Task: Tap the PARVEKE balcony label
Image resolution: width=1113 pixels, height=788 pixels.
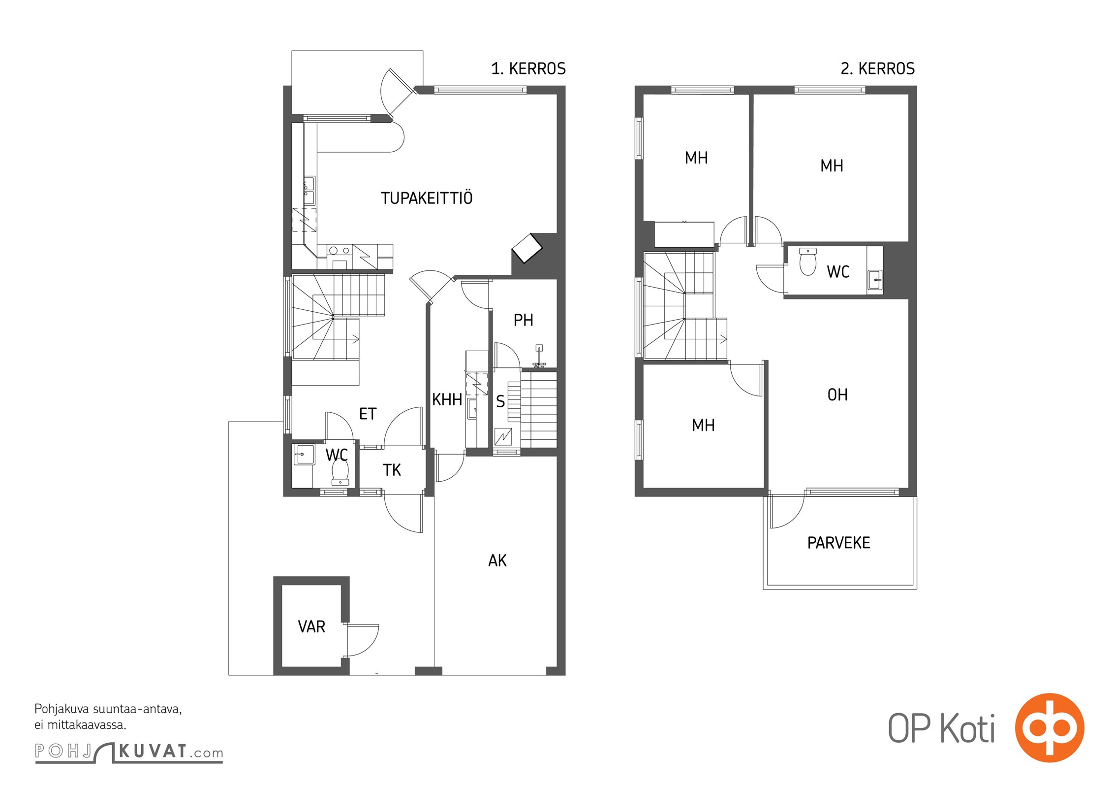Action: (x=838, y=543)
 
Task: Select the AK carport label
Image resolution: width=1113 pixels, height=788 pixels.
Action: (x=497, y=560)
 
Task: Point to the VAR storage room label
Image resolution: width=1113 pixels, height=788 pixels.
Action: (x=311, y=626)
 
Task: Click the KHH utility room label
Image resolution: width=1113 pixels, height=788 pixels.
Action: (x=447, y=399)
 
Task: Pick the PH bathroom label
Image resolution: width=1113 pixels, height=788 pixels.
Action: (x=523, y=320)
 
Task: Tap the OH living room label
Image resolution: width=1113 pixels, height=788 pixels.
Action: (x=837, y=394)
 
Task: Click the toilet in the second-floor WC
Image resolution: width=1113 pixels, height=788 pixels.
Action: (x=808, y=262)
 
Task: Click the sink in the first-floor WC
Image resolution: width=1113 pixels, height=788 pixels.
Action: (x=304, y=454)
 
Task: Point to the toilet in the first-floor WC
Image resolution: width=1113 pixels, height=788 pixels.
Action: (x=340, y=471)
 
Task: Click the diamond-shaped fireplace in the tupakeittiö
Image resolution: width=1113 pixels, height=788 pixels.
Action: (x=527, y=248)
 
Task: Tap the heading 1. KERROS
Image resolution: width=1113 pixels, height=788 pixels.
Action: (x=528, y=68)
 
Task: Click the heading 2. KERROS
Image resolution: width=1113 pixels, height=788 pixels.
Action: (x=878, y=68)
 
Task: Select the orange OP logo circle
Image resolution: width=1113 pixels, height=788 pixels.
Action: (x=1050, y=727)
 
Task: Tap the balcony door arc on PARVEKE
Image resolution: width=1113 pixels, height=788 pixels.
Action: (x=788, y=512)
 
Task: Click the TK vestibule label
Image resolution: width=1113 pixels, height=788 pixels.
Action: (x=392, y=470)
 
